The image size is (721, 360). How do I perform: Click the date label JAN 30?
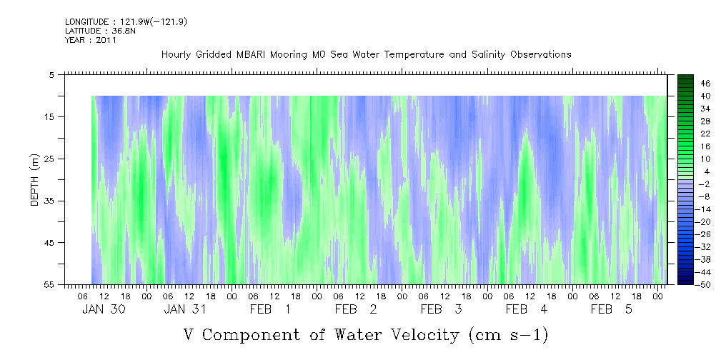tap(104, 309)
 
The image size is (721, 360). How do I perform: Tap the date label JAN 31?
tap(185, 309)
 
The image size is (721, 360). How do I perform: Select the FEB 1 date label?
tap(270, 309)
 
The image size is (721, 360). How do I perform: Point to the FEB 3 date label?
tap(442, 309)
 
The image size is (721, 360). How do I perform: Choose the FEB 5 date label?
tap(612, 309)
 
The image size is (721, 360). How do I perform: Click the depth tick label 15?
tap(52, 116)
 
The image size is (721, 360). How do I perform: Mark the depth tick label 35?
tap(52, 201)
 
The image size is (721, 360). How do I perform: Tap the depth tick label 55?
tap(52, 284)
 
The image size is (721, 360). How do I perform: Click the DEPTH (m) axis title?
tap(36, 180)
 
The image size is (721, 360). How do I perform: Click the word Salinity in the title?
tap(487, 55)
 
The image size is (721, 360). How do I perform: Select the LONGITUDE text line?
tap(126, 22)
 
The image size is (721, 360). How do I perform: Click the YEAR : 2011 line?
tap(91, 40)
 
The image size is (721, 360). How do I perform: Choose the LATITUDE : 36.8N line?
tap(100, 31)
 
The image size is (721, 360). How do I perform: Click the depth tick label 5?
tap(51, 74)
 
